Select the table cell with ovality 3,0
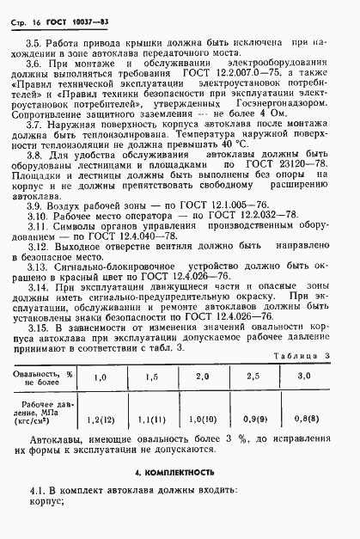tap(304, 401)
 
